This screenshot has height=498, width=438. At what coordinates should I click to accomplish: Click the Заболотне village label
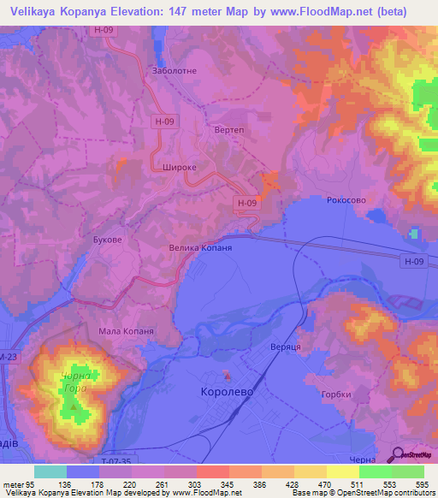pyautogui.click(x=175, y=72)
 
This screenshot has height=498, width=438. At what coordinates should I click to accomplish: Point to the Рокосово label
pyautogui.click(x=347, y=199)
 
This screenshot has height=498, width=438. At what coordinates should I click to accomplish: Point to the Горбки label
pyautogui.click(x=336, y=395)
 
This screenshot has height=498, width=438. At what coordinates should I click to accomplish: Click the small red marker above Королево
pyautogui.click(x=227, y=374)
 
